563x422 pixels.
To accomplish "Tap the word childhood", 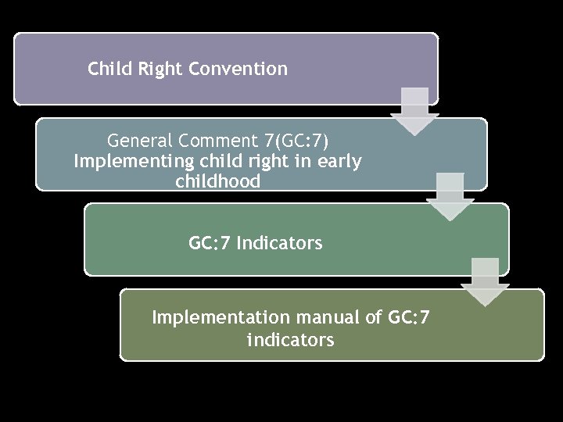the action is coord(218,182).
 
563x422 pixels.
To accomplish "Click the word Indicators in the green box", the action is coord(279,243).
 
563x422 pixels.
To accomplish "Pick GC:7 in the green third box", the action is coord(210,243).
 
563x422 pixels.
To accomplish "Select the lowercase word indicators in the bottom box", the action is coord(290,340).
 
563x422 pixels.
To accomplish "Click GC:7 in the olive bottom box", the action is coord(408,318).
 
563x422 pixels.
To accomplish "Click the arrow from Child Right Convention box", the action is coord(414,111).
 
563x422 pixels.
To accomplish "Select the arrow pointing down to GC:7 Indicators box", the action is coord(450,197).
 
